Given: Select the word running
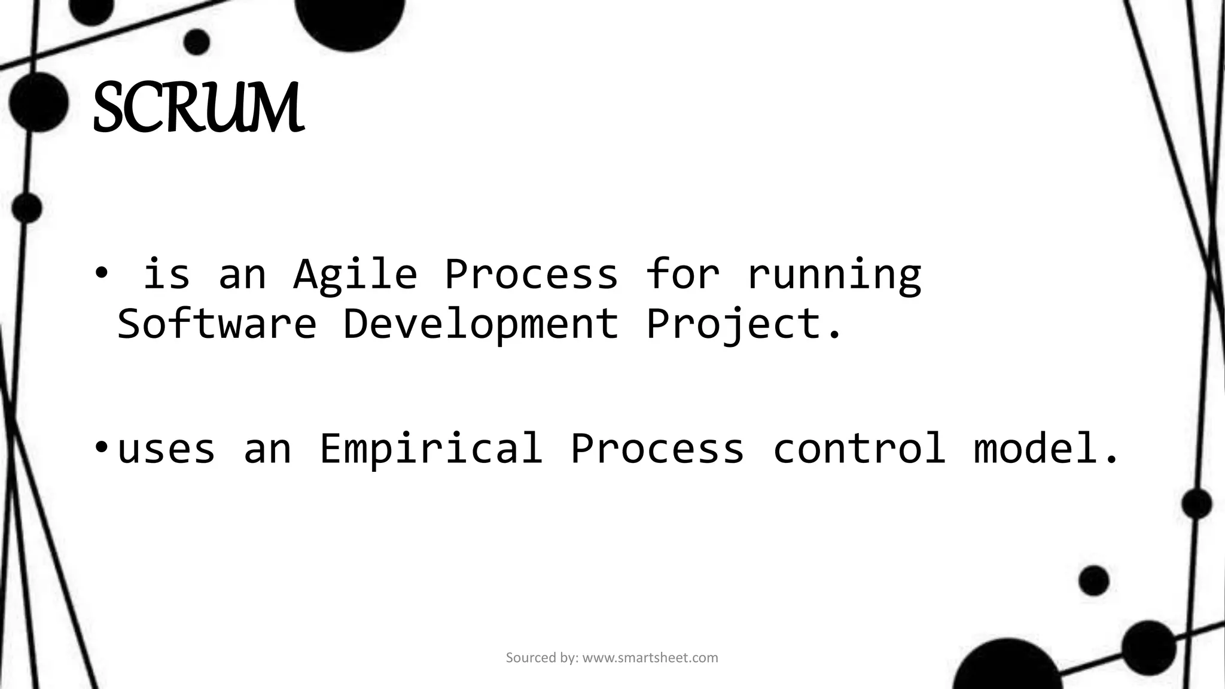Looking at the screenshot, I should [834, 275].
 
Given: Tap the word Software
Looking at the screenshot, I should [217, 323].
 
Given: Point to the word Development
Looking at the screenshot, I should [480, 324].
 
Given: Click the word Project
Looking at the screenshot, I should [743, 324].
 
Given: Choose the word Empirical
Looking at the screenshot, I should [431, 448].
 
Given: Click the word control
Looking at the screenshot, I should [859, 448].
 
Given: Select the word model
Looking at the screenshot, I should [1046, 448].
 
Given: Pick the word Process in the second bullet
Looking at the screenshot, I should [657, 448].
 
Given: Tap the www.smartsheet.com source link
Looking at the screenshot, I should [650, 658].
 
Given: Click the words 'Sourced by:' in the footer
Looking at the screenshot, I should [542, 658].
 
